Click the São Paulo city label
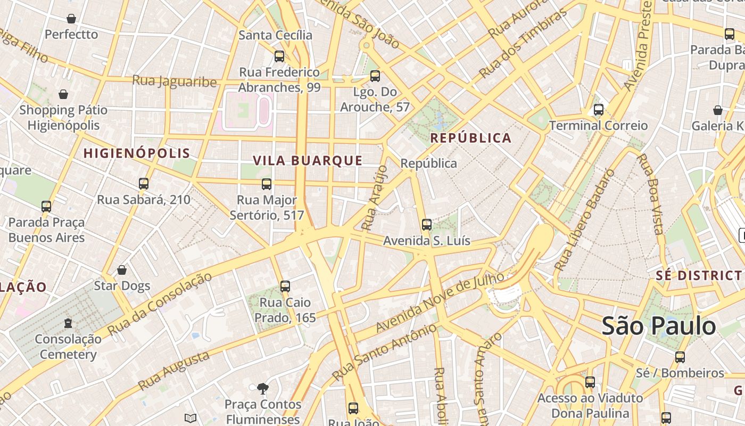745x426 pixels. (x=658, y=326)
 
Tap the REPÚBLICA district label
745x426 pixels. (x=470, y=138)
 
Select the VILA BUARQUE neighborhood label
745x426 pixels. (x=308, y=161)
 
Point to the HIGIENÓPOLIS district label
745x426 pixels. (x=137, y=153)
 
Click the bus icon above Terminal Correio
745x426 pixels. (x=599, y=110)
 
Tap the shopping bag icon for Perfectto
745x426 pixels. (x=71, y=19)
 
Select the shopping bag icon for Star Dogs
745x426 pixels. (x=122, y=270)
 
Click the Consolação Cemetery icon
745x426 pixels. (x=68, y=323)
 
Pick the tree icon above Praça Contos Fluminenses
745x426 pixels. (x=262, y=389)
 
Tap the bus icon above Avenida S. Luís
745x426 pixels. (x=426, y=225)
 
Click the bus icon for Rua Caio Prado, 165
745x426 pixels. (x=285, y=286)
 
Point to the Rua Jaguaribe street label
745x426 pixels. (x=174, y=81)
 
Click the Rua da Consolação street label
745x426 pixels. (x=159, y=304)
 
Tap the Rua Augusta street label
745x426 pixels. (x=173, y=371)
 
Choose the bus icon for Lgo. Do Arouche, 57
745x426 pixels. (x=375, y=76)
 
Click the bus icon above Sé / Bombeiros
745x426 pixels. (x=680, y=357)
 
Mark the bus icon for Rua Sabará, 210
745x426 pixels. (x=143, y=184)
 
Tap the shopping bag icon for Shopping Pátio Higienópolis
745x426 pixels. (x=63, y=95)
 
